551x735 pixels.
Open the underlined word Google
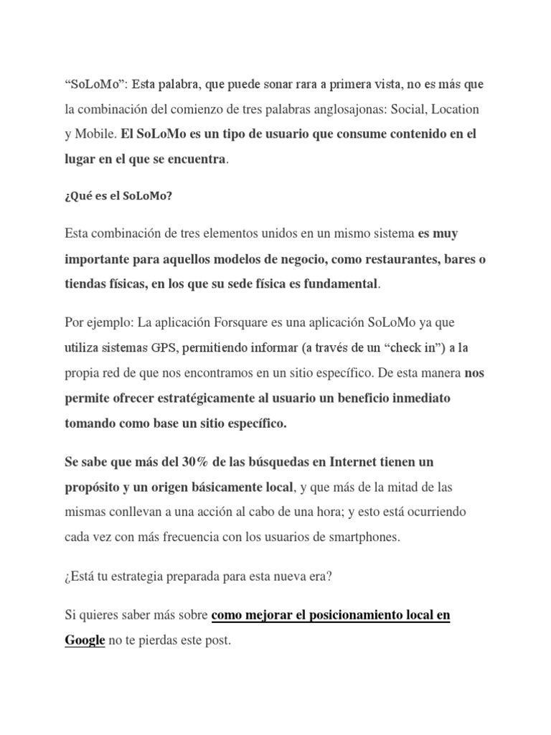click(x=85, y=640)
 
